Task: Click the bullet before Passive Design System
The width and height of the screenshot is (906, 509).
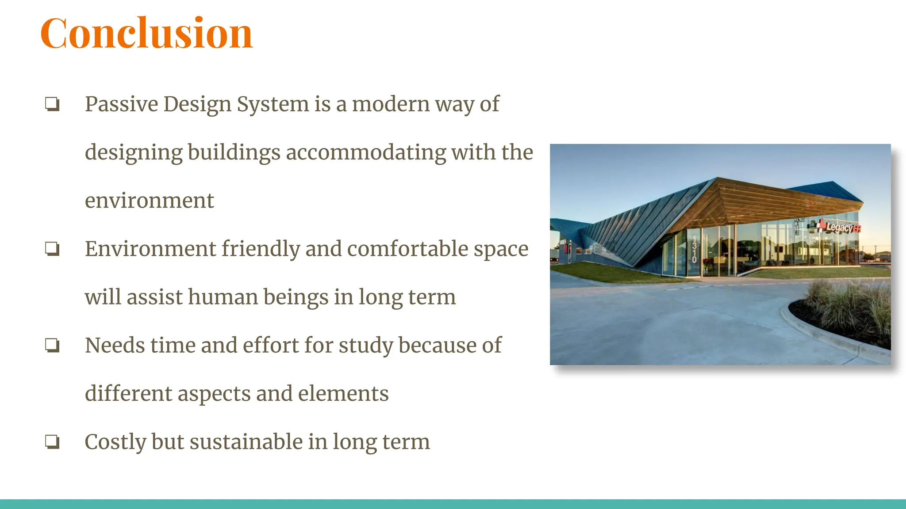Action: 52,104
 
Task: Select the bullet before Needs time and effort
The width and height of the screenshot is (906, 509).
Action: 52,345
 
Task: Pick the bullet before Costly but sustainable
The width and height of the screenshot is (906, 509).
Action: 52,441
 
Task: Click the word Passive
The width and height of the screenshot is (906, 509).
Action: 121,104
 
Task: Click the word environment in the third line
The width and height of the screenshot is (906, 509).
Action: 149,201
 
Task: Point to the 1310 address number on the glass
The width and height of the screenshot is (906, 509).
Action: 694,250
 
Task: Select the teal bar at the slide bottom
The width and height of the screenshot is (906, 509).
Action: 453,504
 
